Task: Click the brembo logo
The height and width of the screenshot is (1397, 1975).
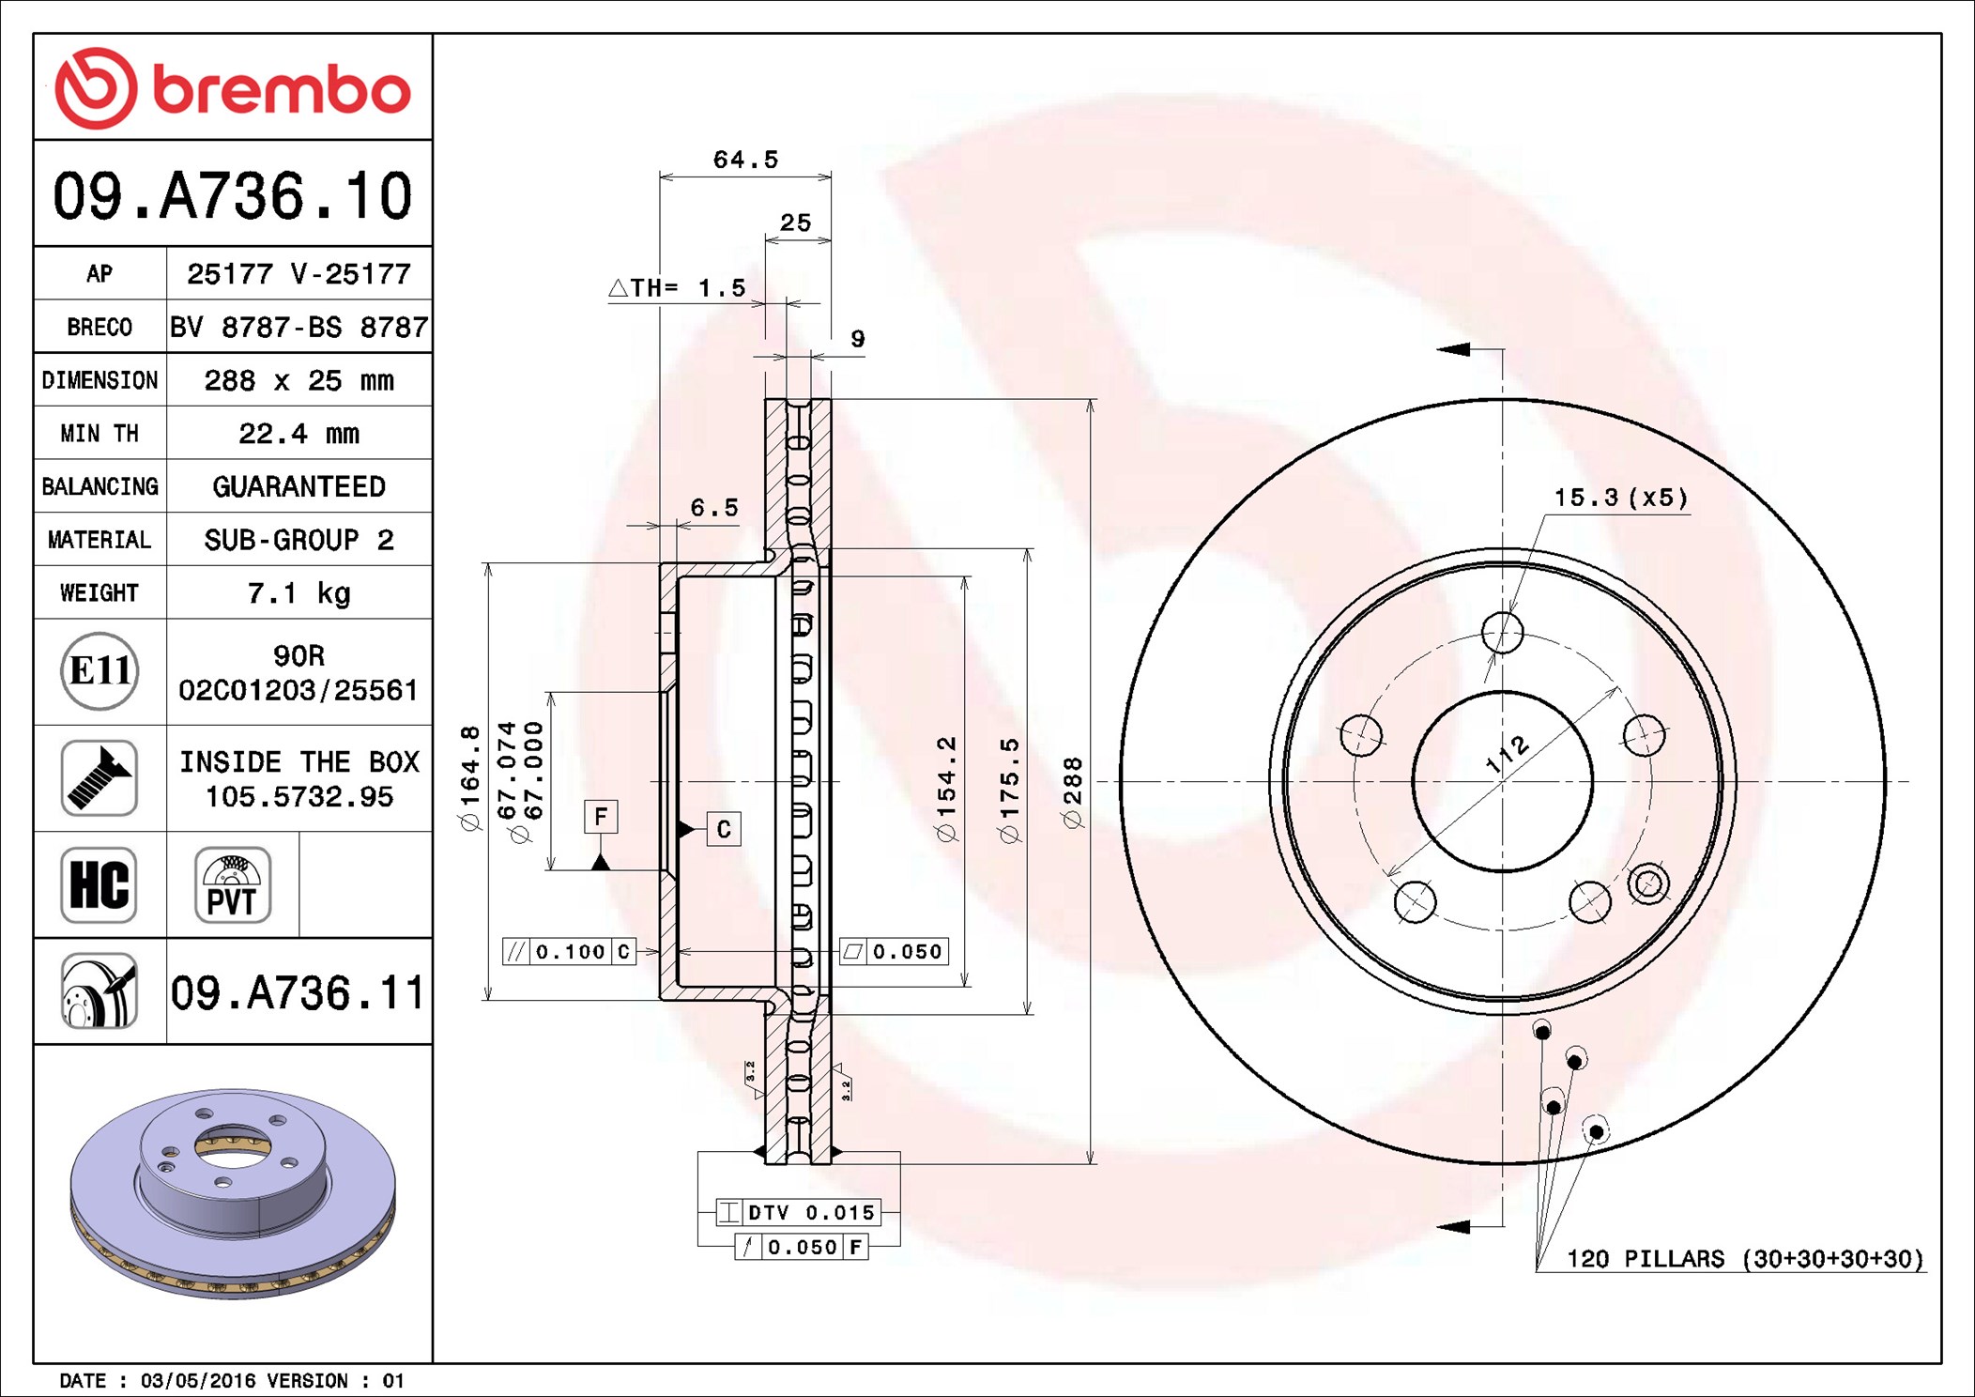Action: tap(233, 88)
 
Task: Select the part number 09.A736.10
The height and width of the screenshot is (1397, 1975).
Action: tap(233, 196)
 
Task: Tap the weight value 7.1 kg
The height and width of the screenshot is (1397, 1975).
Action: tap(299, 593)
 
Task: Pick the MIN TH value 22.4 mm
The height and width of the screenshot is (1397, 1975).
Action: tap(299, 434)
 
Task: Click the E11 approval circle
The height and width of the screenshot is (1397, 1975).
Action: tap(100, 671)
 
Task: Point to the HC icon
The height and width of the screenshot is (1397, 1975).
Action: tap(100, 884)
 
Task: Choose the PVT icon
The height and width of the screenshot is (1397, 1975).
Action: tap(233, 884)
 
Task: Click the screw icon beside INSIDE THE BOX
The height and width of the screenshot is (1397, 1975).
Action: tap(100, 777)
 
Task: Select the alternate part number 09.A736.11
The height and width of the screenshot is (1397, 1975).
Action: tap(298, 992)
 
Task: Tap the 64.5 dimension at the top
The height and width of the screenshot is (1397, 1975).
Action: tap(745, 160)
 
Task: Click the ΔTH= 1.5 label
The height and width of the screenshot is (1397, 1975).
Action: tap(677, 287)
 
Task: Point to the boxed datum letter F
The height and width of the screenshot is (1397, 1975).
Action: tap(601, 816)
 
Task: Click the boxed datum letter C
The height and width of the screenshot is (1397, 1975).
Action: tap(724, 829)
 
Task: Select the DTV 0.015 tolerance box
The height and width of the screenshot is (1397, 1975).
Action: tap(797, 1212)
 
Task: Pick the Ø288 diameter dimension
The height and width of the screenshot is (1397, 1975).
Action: tap(1073, 792)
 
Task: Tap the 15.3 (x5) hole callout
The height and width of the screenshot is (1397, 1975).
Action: tap(1621, 498)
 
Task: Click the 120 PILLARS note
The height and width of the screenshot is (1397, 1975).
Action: tap(1745, 1258)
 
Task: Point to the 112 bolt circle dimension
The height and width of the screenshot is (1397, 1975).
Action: tap(1508, 754)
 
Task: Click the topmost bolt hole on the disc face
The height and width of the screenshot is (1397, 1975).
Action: tap(1502, 632)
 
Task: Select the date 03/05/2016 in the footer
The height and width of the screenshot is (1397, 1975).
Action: tap(197, 1380)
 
